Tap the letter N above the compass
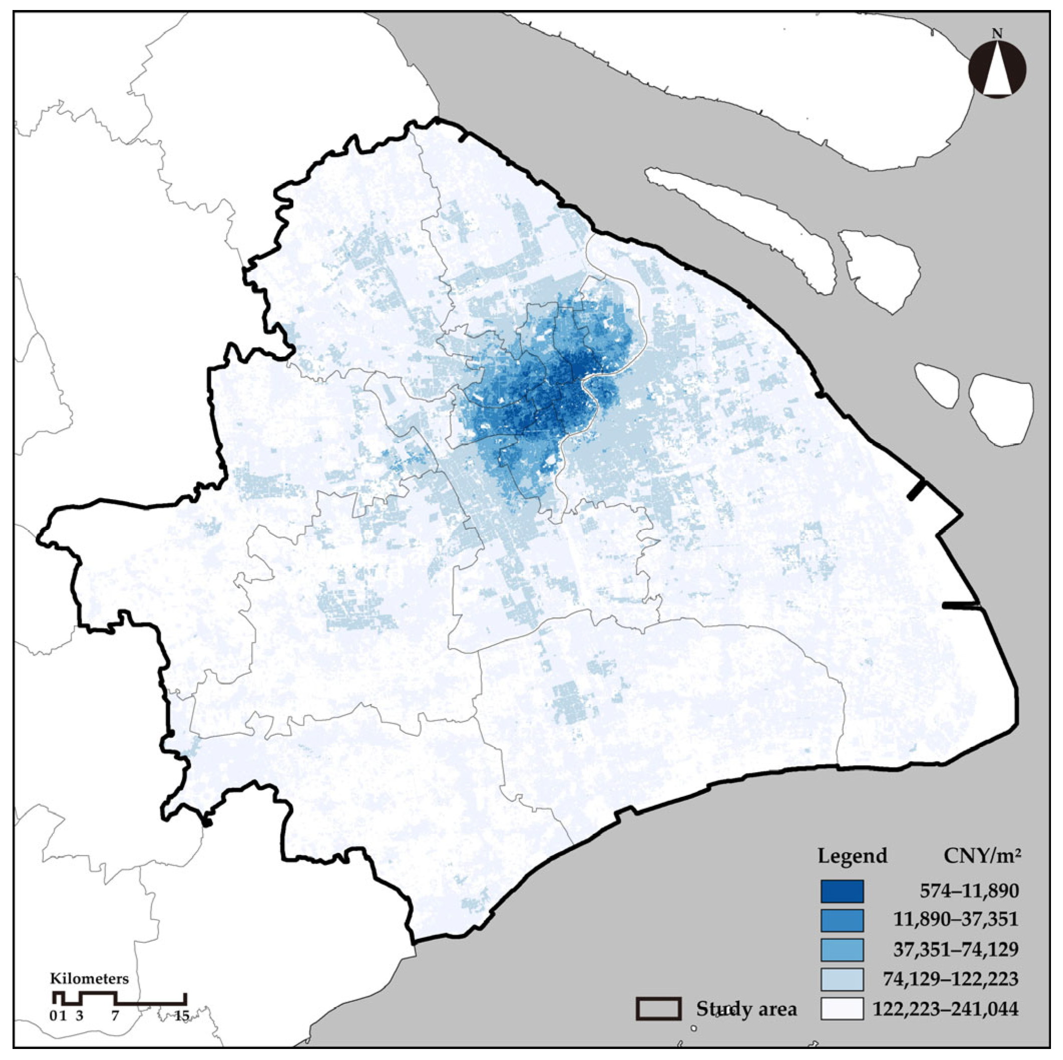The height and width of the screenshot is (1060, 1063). point(997,34)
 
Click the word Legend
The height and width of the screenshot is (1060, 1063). point(853,857)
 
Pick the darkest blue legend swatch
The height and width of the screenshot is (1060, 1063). point(842,891)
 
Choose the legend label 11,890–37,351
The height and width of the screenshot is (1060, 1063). point(956,920)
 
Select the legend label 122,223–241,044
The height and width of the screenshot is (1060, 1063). point(945,1009)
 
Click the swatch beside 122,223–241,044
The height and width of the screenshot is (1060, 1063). point(842,1009)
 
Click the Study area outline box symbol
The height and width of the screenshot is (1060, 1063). point(659,1008)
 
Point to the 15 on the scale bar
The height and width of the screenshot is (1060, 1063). point(182,1015)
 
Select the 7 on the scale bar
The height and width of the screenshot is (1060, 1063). point(115,1015)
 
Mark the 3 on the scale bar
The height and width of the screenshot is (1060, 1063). point(80,1015)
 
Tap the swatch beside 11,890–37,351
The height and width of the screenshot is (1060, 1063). point(842,920)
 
